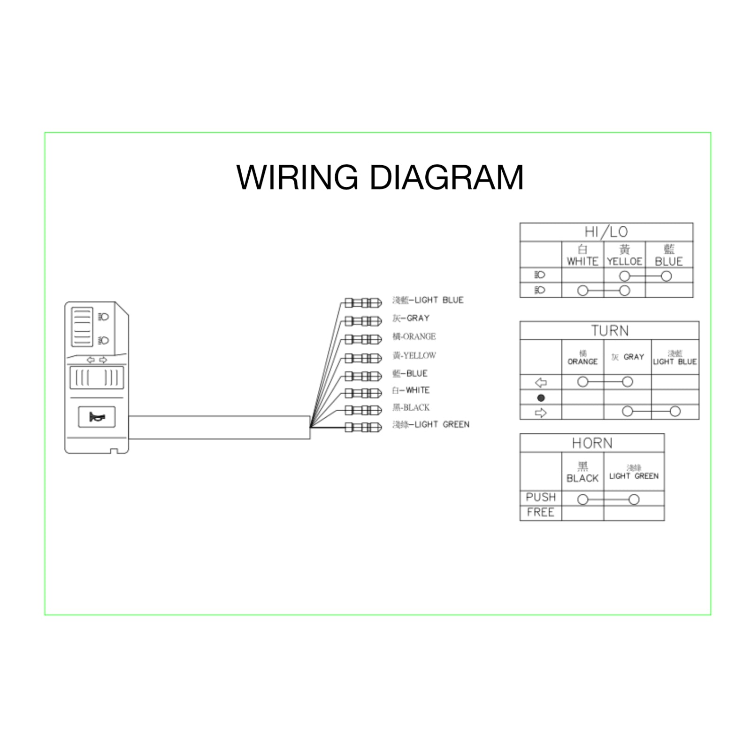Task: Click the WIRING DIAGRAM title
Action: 380,177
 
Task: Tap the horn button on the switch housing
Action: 97,417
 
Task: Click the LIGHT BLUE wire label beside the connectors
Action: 428,300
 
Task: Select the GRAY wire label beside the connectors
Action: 411,318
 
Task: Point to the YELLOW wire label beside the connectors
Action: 414,356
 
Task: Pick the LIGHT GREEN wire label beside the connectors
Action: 431,425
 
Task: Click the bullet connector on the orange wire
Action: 363,339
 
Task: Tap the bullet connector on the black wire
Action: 363,410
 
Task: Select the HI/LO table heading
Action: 606,232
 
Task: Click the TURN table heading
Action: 609,330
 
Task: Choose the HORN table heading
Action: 592,443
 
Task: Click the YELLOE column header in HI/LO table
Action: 624,256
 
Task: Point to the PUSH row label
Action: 541,498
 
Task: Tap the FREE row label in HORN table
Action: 541,513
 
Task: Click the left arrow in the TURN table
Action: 541,383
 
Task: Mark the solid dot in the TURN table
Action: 541,398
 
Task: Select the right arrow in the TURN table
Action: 541,413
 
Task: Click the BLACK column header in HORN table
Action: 582,473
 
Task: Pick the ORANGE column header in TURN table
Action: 582,358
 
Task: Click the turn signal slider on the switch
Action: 97,378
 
